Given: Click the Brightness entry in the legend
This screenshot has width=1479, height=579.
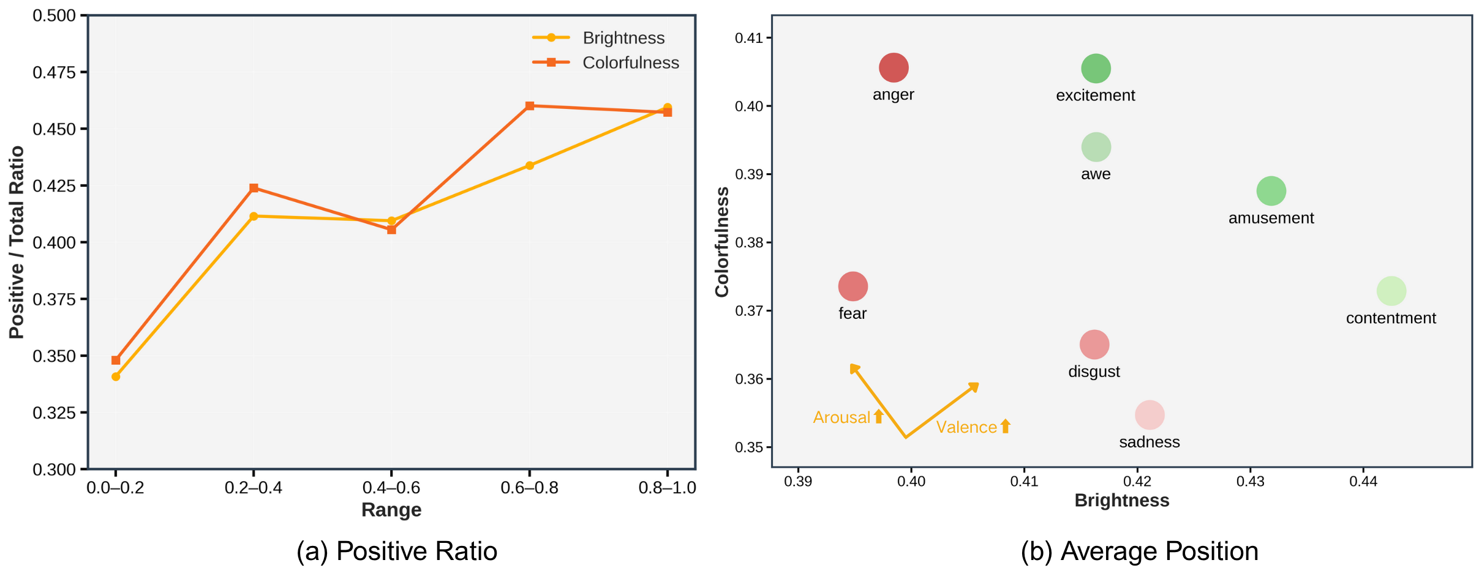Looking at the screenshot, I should [x=623, y=38].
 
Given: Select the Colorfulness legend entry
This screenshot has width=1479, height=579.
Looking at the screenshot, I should [x=630, y=62].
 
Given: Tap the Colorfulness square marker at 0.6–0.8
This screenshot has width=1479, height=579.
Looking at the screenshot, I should [x=530, y=106].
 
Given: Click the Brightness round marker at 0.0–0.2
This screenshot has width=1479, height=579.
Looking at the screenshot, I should [x=116, y=376].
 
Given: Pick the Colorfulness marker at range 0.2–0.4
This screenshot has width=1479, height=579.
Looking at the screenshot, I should [x=254, y=188].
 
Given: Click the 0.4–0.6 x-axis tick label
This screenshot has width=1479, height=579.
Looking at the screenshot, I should [x=391, y=488].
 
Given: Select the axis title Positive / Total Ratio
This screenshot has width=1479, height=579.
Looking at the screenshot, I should [x=17, y=242].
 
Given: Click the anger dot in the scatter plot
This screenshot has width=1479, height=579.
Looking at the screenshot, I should [x=894, y=67].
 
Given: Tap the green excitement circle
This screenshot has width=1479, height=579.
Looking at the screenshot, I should [x=1096, y=68].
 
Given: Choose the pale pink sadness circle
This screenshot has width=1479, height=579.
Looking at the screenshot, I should [x=1150, y=415].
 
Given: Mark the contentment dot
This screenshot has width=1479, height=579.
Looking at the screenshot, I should [x=1391, y=291].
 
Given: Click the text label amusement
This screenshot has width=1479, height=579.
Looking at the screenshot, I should [x=1271, y=218].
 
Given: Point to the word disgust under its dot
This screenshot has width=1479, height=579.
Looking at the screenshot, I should [x=1094, y=372].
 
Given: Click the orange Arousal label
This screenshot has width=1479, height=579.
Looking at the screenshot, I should [x=841, y=417].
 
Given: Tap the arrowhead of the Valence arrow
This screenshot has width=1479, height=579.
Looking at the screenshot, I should [x=974, y=387].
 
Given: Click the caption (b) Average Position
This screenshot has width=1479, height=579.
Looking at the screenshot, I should [x=1139, y=551].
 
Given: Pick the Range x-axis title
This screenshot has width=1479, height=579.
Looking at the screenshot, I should [x=391, y=509].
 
